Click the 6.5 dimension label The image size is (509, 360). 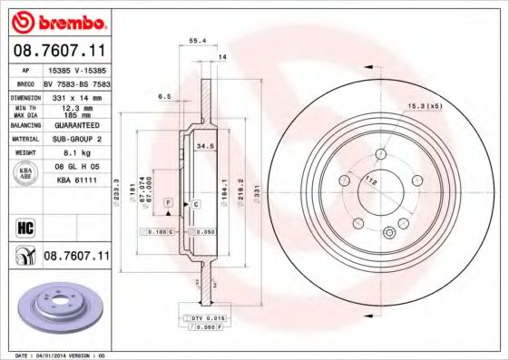click(x=164, y=95)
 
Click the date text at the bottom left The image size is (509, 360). click(x=54, y=355)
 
